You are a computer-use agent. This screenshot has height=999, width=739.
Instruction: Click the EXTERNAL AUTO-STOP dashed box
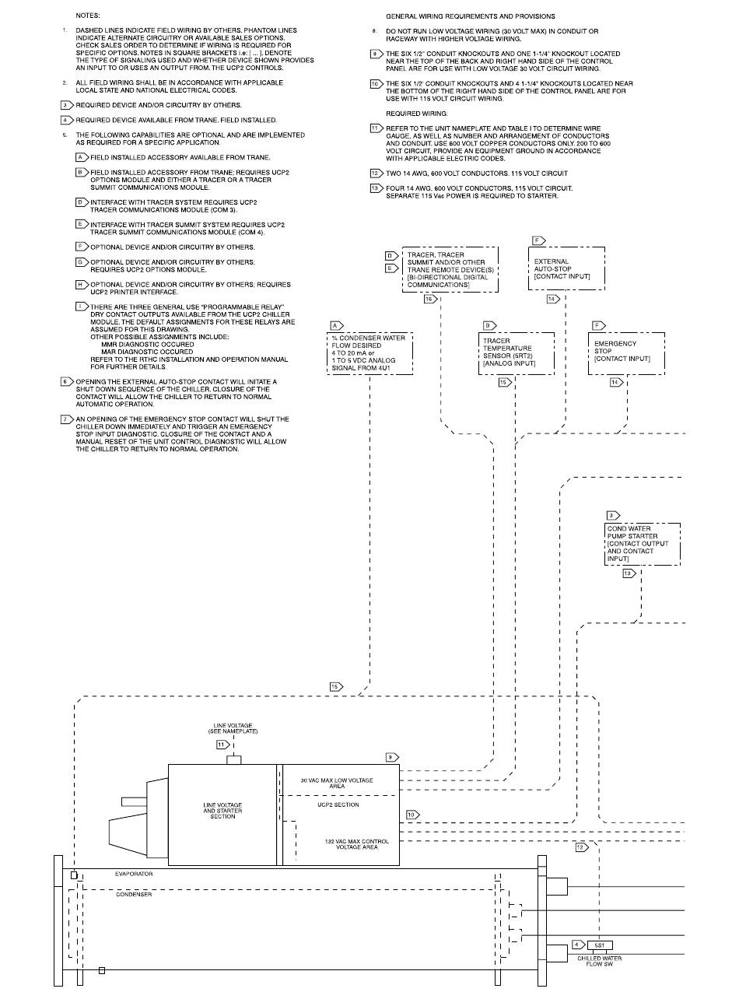coord(566,247)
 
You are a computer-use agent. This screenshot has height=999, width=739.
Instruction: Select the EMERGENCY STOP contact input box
coord(626,333)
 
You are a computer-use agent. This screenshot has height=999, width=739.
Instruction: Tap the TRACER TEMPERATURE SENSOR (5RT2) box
coord(516,333)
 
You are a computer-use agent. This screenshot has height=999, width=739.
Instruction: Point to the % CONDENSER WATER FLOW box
coord(369,333)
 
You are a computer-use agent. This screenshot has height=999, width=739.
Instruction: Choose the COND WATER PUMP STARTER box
coord(643,524)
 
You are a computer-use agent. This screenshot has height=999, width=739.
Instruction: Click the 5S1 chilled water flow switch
coord(600,945)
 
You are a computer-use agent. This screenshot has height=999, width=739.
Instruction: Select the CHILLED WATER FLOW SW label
coord(600,961)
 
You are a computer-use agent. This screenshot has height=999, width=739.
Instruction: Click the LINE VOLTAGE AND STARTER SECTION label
coord(222,811)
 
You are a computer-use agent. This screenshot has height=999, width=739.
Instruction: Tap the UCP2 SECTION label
coord(338,804)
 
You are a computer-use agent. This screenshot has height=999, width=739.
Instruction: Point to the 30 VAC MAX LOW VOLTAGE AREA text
coord(337,783)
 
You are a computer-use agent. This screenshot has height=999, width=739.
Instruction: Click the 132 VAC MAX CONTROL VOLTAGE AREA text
coord(357,844)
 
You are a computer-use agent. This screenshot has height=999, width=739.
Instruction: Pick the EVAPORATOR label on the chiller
coord(134,874)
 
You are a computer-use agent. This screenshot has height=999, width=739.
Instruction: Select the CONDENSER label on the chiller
coord(134,894)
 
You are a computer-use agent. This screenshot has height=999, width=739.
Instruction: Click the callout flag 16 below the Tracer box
coord(430,299)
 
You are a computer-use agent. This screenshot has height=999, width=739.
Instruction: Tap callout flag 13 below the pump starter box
coord(629,573)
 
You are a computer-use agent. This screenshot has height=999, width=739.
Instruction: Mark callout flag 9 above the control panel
coord(392,757)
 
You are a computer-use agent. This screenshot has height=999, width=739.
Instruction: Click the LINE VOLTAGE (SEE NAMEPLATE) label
coord(233,728)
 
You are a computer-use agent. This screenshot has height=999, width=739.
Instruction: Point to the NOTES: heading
coord(88,16)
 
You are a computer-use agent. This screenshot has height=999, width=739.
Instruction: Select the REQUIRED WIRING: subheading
coord(417,114)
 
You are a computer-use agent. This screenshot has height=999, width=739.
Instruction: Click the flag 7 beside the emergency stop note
coord(67,419)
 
